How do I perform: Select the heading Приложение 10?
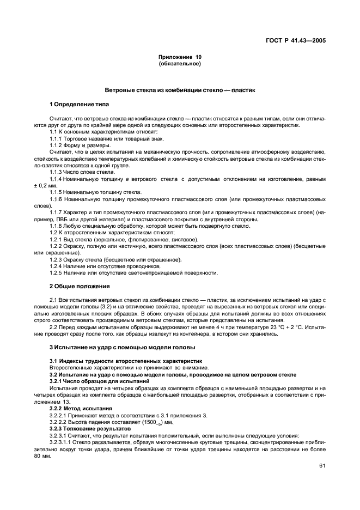point(180,57)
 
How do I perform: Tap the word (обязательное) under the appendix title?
point(180,64)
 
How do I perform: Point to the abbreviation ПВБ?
point(56,220)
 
